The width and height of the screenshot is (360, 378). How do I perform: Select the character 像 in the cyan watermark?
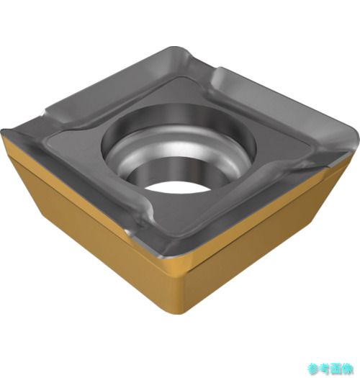pos(348,369)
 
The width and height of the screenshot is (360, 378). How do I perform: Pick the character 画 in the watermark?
pos(336,369)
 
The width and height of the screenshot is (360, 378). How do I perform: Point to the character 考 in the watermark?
pos(325,369)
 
